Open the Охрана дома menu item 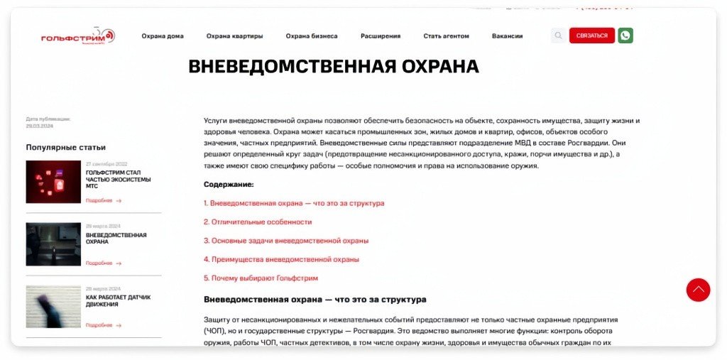tap(163, 36)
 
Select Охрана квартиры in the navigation tap(234, 36)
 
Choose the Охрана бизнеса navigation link tap(312, 36)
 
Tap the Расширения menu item tap(381, 36)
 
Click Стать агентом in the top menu tap(446, 36)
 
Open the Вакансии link tap(507, 36)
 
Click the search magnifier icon tap(558, 36)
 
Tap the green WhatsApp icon tap(625, 36)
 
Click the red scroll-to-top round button tap(698, 290)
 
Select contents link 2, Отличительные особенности tap(258, 222)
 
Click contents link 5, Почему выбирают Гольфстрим tap(261, 278)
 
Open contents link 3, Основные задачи tap(286, 240)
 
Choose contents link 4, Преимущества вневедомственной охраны tap(281, 259)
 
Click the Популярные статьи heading tap(66, 147)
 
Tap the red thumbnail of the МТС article tap(53, 182)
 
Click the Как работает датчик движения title tap(118, 300)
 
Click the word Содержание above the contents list tap(229, 184)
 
